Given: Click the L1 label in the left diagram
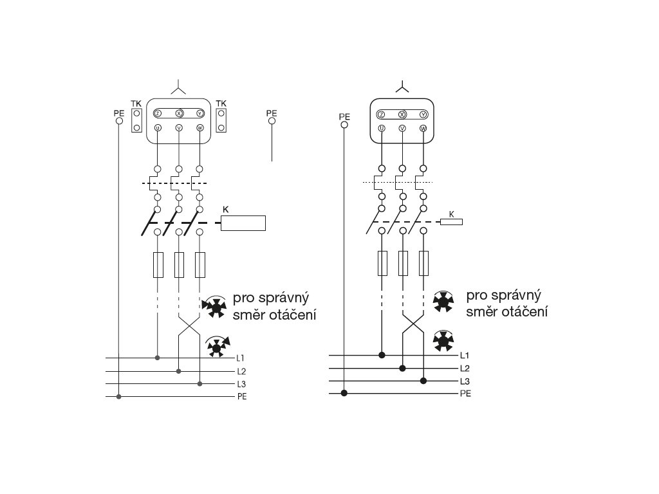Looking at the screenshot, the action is click(241, 357).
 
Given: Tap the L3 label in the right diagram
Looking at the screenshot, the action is click(465, 381).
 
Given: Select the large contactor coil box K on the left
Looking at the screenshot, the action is click(243, 223).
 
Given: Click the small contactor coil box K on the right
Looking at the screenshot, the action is click(451, 222).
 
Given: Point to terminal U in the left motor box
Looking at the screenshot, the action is click(157, 128).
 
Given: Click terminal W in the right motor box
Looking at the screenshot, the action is click(423, 129).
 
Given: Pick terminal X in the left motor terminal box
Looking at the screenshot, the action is click(179, 113).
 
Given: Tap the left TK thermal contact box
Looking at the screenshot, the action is click(136, 120).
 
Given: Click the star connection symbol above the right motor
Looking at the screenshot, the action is click(402, 87).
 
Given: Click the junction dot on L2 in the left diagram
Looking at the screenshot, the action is click(179, 371).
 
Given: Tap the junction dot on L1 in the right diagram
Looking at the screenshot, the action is click(382, 355).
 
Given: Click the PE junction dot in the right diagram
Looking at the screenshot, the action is click(344, 393).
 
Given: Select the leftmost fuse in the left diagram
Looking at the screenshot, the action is click(158, 264).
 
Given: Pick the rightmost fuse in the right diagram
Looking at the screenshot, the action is click(423, 263).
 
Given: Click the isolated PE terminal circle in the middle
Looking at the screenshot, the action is click(272, 120).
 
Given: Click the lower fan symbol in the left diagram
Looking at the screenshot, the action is click(217, 347).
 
